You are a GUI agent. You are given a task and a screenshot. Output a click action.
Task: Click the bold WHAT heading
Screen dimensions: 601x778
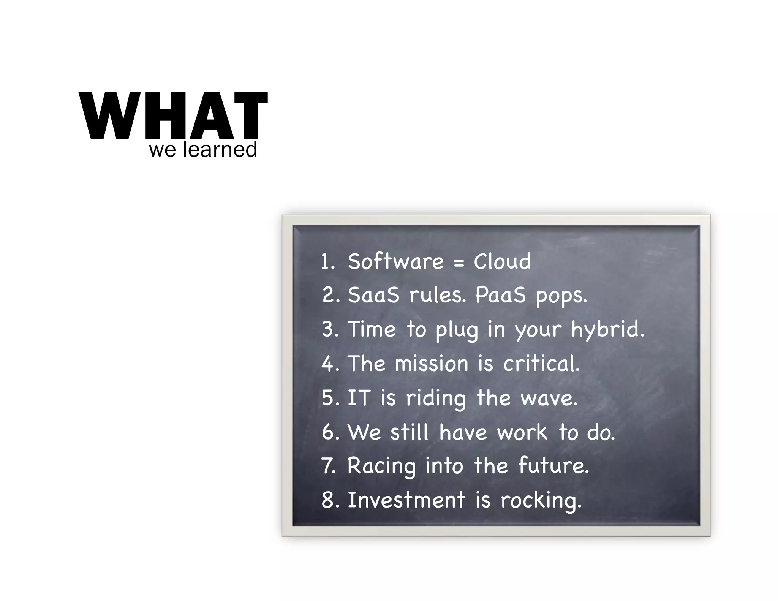(173, 115)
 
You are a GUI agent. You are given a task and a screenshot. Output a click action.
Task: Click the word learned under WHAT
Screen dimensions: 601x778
(220, 150)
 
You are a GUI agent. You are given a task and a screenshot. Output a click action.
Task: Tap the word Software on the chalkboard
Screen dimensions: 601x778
(395, 262)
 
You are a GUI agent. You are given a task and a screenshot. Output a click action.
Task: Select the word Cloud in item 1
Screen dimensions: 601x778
(502, 262)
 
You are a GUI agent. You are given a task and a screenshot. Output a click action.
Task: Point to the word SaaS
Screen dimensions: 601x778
(373, 295)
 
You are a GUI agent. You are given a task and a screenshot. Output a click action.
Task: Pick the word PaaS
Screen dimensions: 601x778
(500, 295)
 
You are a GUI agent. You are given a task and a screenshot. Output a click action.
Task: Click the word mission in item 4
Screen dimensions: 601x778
(431, 364)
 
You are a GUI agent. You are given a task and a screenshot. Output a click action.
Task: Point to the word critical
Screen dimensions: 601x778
(541, 364)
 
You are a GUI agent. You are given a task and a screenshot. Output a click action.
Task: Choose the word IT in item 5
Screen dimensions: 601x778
(358, 398)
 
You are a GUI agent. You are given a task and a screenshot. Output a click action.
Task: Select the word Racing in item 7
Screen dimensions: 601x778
(381, 467)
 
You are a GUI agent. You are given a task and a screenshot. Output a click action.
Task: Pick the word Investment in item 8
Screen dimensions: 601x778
(406, 500)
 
